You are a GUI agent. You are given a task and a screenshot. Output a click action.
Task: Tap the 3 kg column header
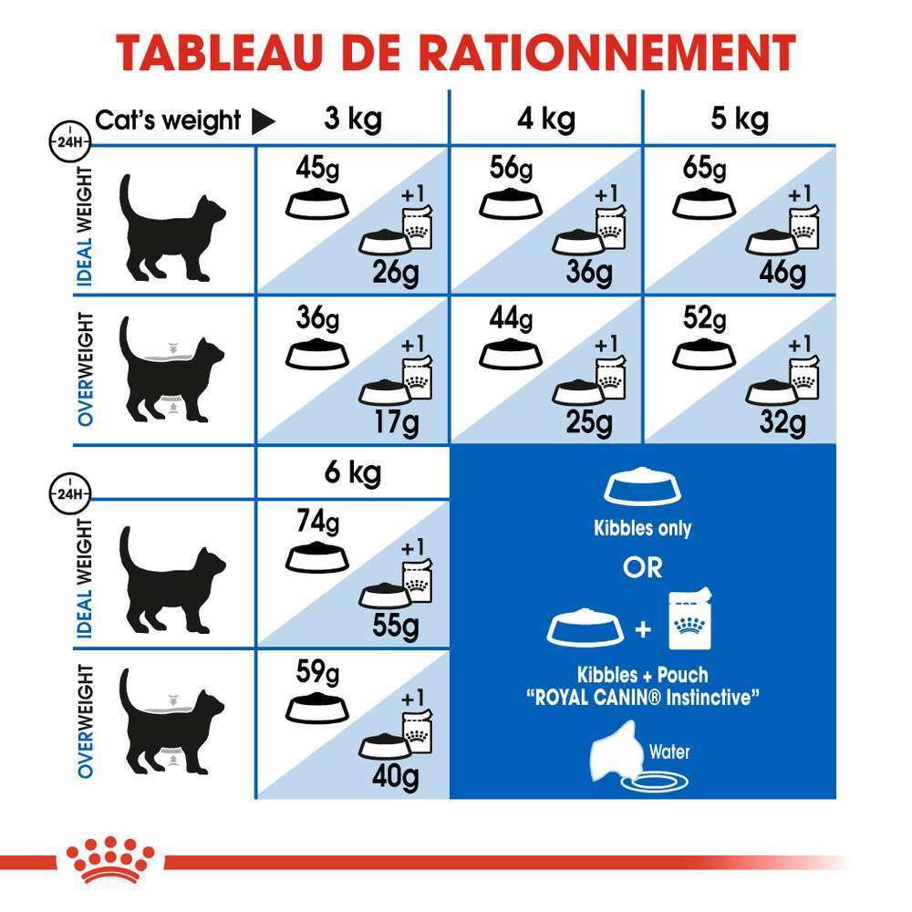pos(353,119)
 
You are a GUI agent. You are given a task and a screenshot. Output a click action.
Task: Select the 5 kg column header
pos(739,119)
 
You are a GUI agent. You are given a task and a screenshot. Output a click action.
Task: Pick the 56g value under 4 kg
pos(510,171)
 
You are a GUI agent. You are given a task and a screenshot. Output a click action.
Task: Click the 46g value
pos(782,272)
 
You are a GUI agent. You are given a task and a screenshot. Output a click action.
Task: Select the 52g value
pos(704,320)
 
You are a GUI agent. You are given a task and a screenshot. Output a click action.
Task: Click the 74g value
pos(317,523)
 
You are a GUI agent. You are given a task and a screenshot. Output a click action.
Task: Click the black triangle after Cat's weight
pos(264,121)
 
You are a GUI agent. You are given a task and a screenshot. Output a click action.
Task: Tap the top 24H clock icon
pos(66,141)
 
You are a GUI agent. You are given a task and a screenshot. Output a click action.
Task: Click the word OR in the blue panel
pos(642,567)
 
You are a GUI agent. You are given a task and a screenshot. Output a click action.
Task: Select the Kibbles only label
pos(642,528)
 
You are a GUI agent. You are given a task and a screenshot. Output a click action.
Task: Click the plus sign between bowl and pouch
pos(644,628)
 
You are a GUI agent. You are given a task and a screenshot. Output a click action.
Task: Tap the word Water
pos(669,752)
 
